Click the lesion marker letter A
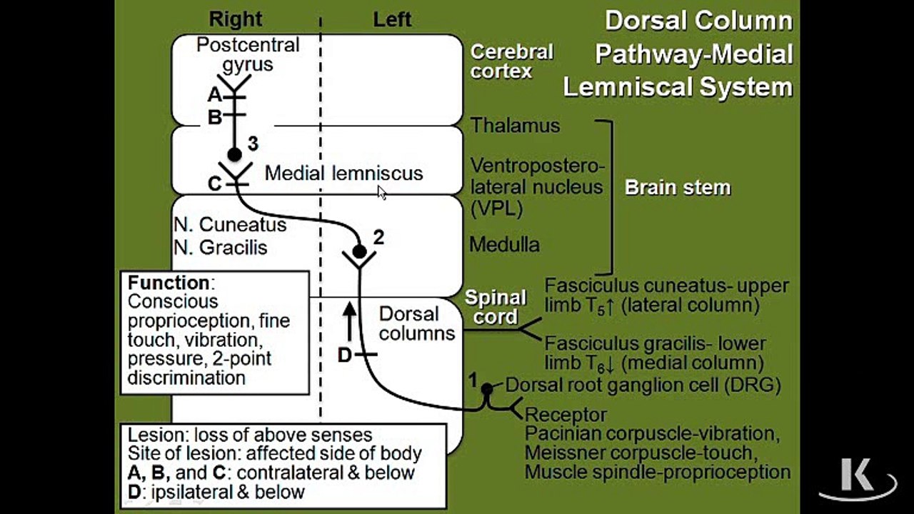215,95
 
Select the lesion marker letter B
215,117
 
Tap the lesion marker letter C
215,184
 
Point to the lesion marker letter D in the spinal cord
345,356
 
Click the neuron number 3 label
253,143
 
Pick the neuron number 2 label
378,238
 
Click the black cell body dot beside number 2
359,251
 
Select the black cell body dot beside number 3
235,155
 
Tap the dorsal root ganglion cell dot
487,389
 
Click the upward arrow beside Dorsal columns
349,321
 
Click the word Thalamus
516,125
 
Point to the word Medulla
505,245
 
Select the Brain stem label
678,188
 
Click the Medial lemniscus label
344,173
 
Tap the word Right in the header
236,19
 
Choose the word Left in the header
392,19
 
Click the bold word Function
169,282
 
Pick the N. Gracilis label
221,247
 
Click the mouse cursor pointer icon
381,193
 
